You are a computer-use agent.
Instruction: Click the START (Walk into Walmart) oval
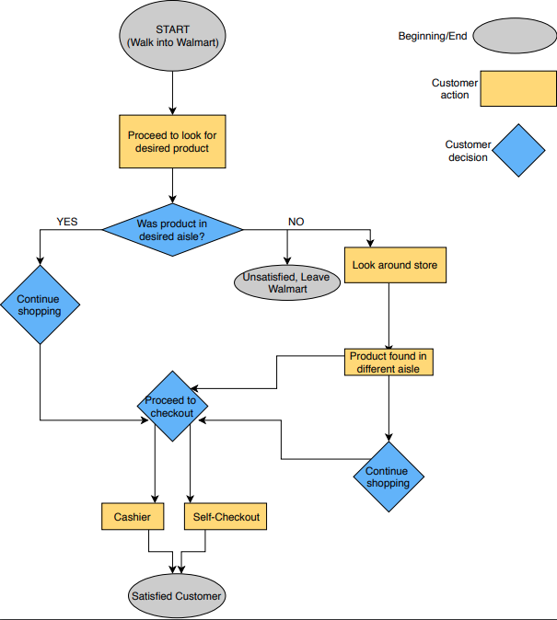pyautogui.click(x=172, y=36)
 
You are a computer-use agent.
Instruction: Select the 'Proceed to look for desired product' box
pyautogui.click(x=172, y=142)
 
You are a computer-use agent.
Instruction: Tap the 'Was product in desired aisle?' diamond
pyautogui.click(x=172, y=229)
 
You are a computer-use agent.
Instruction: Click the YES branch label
pyautogui.click(x=67, y=222)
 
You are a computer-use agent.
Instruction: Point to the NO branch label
pyautogui.click(x=296, y=222)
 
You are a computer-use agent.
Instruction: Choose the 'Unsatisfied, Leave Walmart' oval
pyautogui.click(x=286, y=282)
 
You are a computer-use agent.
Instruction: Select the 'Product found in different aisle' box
pyautogui.click(x=389, y=362)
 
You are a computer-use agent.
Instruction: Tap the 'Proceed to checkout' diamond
pyautogui.click(x=172, y=407)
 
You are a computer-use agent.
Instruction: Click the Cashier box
pyautogui.click(x=133, y=517)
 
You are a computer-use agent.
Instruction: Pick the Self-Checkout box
pyautogui.click(x=226, y=517)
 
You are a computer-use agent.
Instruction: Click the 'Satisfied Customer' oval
pyautogui.click(x=176, y=596)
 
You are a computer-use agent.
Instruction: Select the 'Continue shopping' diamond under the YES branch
pyautogui.click(x=40, y=304)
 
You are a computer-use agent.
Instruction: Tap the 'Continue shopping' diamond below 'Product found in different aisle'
pyautogui.click(x=389, y=477)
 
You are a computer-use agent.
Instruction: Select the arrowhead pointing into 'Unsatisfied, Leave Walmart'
pyautogui.click(x=286, y=259)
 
